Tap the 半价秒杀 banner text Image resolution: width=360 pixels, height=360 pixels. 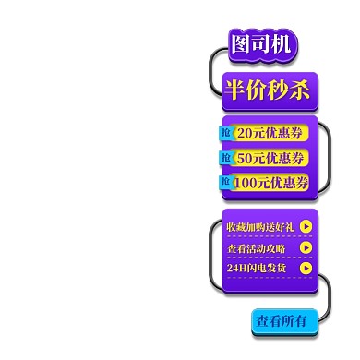(x=269, y=90)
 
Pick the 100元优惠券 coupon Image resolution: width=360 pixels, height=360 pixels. (x=270, y=183)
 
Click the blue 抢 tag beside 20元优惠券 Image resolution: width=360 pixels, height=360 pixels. (x=226, y=133)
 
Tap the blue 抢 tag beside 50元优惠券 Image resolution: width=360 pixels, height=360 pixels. (x=226, y=158)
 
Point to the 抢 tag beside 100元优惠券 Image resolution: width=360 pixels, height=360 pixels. (x=226, y=183)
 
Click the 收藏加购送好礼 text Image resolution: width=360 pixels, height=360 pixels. (x=259, y=227)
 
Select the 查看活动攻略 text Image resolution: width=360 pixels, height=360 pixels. (x=256, y=247)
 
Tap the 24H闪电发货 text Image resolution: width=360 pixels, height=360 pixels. (x=256, y=268)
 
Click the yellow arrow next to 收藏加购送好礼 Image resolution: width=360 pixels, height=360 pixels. (x=306, y=227)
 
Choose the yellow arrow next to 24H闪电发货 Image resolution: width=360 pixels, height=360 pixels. (x=306, y=268)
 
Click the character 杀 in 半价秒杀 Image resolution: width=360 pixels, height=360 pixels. (x=300, y=90)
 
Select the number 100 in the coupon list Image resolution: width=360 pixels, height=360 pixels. (x=246, y=183)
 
